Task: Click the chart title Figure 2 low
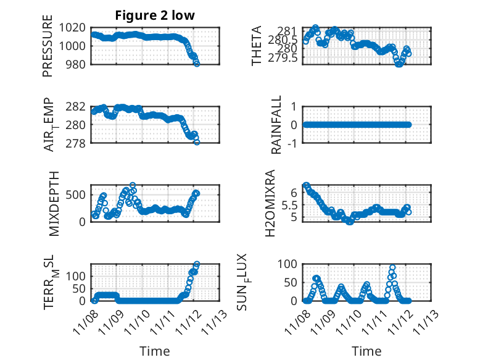coord(155,15)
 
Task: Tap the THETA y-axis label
coord(257,46)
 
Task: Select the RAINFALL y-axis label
coord(277,125)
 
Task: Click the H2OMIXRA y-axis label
coord(270,204)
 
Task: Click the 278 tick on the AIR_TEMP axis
coord(78,143)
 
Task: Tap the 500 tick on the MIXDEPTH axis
coord(78,196)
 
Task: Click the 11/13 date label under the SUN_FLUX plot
coord(426,321)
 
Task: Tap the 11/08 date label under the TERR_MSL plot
coord(85,321)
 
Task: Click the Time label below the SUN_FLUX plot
coord(366,351)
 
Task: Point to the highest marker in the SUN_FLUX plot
coord(392,268)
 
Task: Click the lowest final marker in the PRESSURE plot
coord(197,63)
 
